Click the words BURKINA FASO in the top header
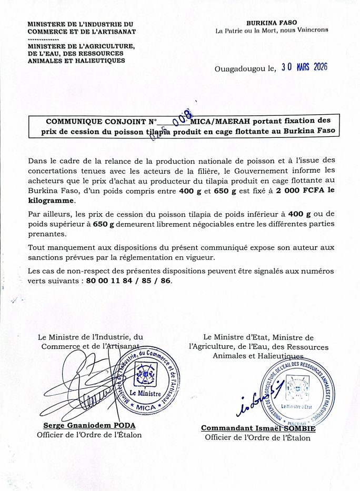point(272,23)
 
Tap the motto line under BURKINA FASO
point(272,31)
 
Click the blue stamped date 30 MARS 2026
point(305,67)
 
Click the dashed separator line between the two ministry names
point(43,39)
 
